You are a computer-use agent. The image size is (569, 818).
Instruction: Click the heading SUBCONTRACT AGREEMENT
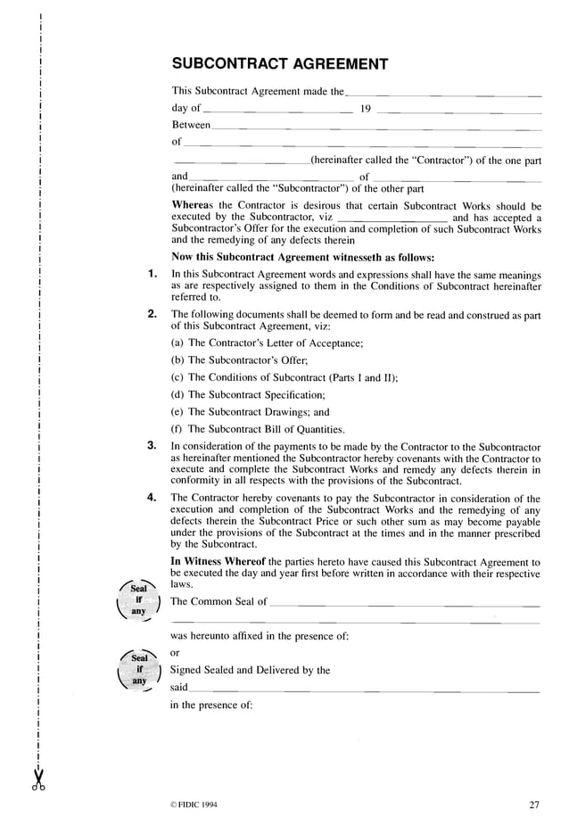click(x=279, y=64)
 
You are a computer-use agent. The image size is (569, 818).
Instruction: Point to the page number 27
click(x=534, y=805)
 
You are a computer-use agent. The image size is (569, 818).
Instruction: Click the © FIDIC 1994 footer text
click(x=186, y=805)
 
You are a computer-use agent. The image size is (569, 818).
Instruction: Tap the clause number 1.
click(x=152, y=274)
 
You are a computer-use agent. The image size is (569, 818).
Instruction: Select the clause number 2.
click(x=152, y=314)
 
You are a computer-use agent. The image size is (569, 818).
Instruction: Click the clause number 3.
click(x=152, y=445)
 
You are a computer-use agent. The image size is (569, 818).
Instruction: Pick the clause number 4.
click(x=152, y=498)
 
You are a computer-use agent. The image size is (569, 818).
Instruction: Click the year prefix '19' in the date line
click(x=365, y=109)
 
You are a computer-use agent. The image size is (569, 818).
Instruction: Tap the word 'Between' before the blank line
click(x=191, y=125)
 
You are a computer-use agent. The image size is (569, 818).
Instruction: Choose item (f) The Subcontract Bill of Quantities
click(x=258, y=429)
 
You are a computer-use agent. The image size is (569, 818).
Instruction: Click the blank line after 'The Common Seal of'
click(x=404, y=603)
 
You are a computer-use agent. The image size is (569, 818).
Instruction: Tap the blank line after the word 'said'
click(x=366, y=690)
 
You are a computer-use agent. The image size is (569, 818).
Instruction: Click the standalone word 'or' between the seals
click(x=176, y=652)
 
